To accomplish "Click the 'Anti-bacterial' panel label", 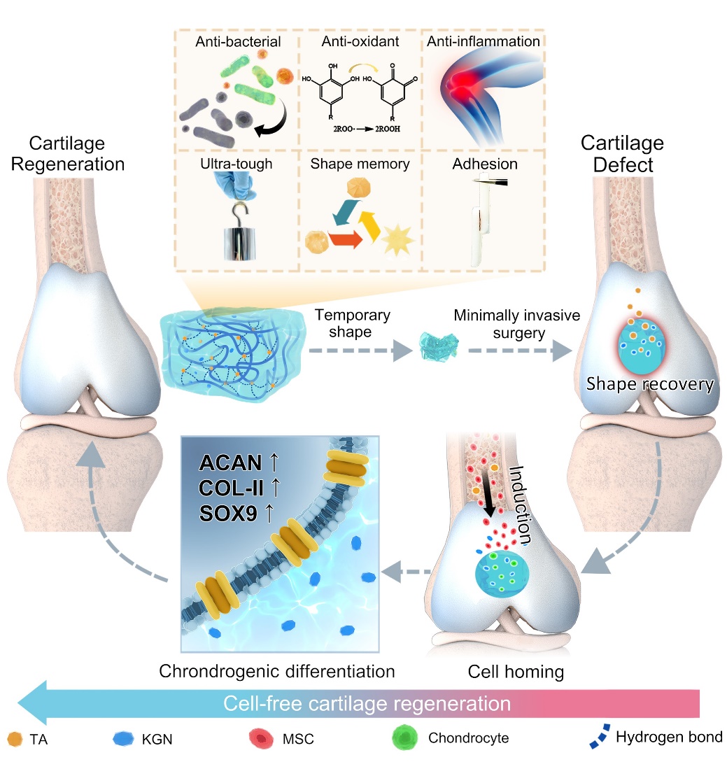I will point(238,41).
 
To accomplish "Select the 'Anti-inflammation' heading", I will point(484,41).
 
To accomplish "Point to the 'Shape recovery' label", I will point(650,384).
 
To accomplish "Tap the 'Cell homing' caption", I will point(505,672).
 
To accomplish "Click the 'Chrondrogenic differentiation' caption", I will point(277,672).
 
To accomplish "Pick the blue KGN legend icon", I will point(124,737).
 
